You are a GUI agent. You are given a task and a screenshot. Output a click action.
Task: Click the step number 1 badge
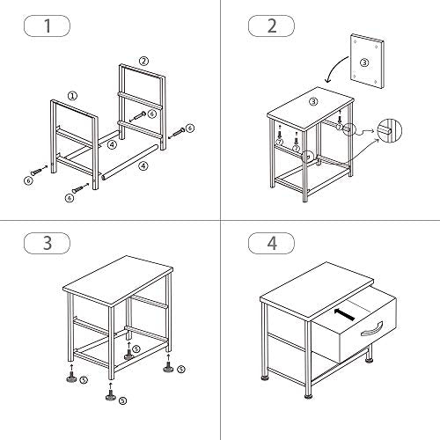click(x=47, y=26)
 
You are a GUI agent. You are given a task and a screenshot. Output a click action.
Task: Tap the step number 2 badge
click(x=272, y=26)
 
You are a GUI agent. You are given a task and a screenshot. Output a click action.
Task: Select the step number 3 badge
click(x=47, y=243)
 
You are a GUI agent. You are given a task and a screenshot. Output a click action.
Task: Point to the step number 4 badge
click(x=272, y=243)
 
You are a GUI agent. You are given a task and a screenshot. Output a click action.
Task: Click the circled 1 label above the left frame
click(x=72, y=96)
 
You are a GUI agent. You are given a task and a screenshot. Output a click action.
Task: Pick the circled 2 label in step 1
click(x=143, y=61)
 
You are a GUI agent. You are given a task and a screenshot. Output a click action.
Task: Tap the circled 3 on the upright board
click(x=364, y=62)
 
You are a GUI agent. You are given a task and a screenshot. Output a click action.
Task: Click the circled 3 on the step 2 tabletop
click(x=313, y=101)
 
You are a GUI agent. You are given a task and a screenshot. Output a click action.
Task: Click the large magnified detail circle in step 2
click(x=390, y=130)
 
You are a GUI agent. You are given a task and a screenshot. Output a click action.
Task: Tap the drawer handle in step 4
click(x=371, y=329)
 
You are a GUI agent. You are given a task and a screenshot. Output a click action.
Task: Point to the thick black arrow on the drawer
click(x=343, y=314)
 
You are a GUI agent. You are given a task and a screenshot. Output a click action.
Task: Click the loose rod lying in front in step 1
click(x=130, y=162)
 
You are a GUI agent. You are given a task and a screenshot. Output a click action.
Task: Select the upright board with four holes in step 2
click(x=367, y=62)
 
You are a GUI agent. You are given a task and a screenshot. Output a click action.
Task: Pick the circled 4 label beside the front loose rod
click(x=143, y=166)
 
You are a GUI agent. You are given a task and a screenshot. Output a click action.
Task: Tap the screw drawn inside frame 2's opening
click(x=138, y=116)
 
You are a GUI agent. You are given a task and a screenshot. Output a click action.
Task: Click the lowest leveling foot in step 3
click(x=110, y=394)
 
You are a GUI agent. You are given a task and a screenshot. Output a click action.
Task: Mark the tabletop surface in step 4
click(x=317, y=291)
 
